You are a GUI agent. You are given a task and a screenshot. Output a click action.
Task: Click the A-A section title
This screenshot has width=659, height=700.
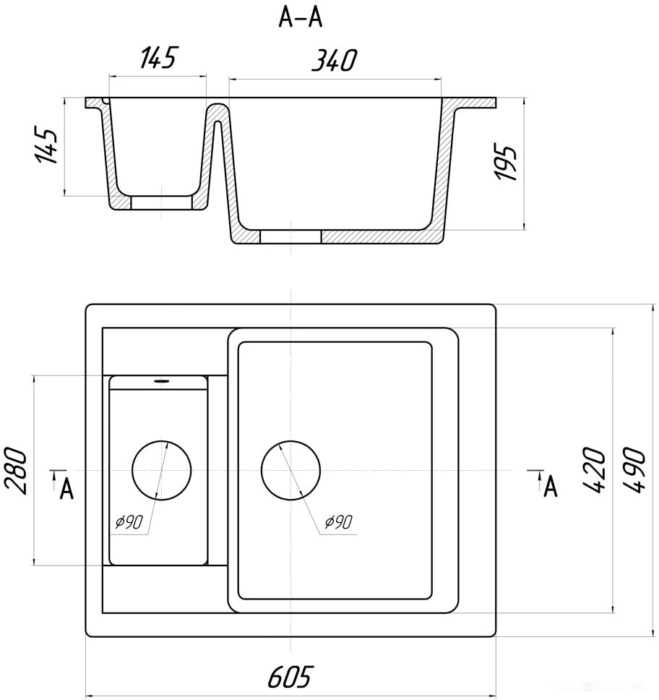click(301, 18)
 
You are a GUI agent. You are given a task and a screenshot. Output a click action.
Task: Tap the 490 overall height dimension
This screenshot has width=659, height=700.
click(634, 470)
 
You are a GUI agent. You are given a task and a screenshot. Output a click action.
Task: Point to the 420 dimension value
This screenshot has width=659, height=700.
click(594, 470)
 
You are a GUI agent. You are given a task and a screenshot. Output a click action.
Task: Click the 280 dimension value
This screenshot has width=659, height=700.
click(16, 471)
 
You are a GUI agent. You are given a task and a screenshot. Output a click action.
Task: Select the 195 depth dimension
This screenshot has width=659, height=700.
click(506, 163)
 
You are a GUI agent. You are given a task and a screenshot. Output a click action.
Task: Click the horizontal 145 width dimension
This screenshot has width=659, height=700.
click(158, 57)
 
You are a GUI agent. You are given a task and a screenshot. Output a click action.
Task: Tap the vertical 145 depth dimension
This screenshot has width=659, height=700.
click(46, 146)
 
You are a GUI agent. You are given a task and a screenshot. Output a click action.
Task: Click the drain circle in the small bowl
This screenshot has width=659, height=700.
click(162, 470)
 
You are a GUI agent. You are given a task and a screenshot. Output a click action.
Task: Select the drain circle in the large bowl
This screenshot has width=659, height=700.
click(291, 470)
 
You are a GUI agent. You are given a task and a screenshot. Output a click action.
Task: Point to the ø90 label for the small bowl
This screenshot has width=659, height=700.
click(129, 521)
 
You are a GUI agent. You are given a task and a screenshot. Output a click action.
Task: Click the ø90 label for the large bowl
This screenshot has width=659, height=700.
click(339, 522)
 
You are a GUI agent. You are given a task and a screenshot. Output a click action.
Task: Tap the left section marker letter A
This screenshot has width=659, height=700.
click(66, 490)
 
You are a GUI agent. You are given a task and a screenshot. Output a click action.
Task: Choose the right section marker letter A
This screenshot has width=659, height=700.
click(551, 487)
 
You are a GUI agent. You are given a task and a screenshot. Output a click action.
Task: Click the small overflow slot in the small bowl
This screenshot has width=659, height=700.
click(161, 381)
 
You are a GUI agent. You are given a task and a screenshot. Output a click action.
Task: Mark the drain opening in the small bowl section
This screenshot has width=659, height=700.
click(162, 202)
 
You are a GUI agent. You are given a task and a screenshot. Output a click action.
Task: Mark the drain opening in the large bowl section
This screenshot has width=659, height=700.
click(290, 237)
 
